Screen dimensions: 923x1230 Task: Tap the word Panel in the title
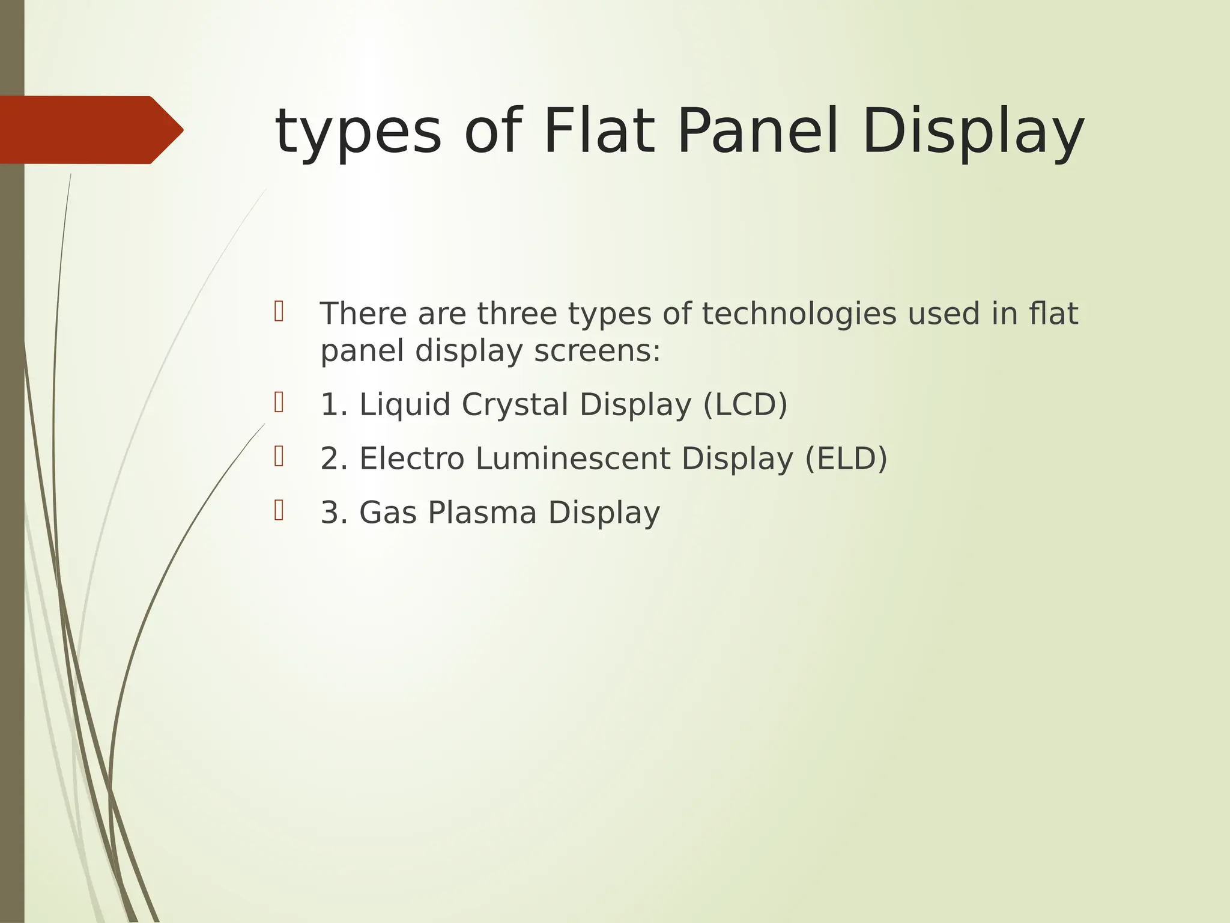tap(757, 131)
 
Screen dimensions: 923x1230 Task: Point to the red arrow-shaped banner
tap(90, 130)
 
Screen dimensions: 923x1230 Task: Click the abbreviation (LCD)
tap(745, 404)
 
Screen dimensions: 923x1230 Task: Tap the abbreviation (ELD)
tap(846, 458)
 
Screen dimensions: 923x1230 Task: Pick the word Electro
tap(412, 458)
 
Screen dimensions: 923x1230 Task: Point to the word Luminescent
tap(573, 458)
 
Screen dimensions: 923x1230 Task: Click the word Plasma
tap(482, 513)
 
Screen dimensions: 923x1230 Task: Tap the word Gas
tap(388, 513)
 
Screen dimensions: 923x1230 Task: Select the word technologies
tap(799, 314)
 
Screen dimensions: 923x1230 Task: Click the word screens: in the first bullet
tap(597, 351)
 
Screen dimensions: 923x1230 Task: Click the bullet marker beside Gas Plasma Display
tap(279, 510)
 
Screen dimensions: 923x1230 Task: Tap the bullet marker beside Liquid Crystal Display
tap(279, 402)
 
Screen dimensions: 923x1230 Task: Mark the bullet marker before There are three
tap(279, 311)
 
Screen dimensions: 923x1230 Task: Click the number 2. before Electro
tap(335, 458)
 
